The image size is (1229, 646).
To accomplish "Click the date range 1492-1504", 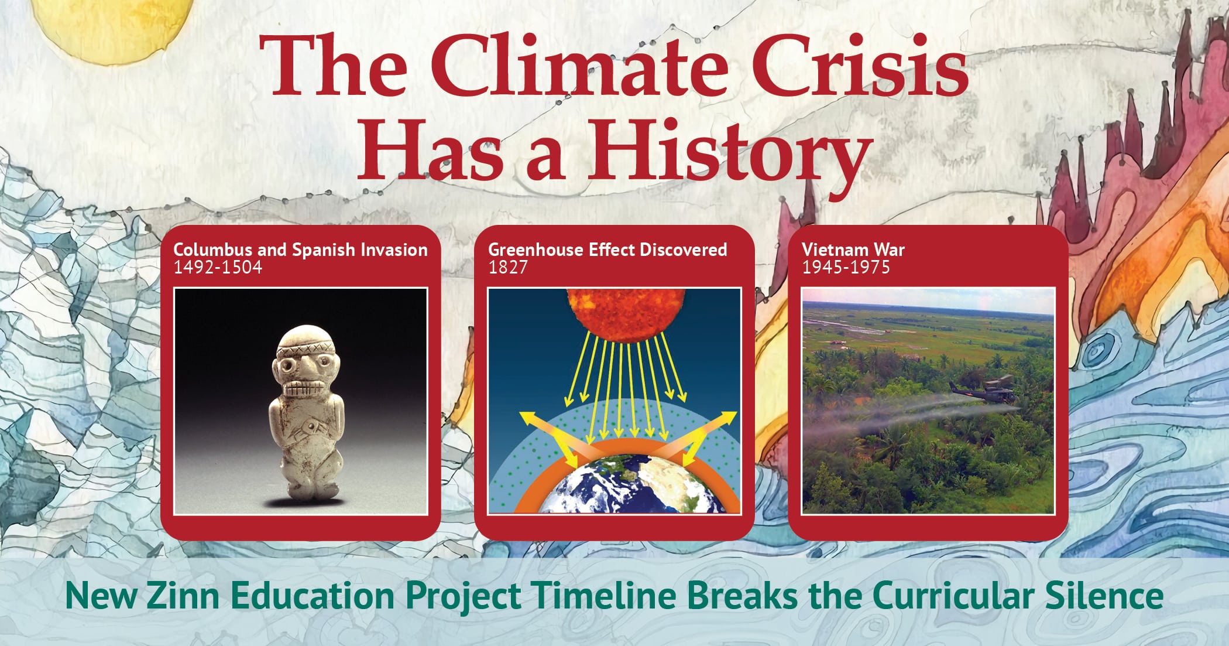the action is coord(218,268).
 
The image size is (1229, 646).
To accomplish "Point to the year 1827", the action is coord(508,268).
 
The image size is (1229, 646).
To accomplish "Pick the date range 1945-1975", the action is coord(846,268).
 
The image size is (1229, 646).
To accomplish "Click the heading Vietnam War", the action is coord(853,249).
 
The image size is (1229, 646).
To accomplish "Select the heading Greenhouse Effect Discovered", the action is coord(607,249).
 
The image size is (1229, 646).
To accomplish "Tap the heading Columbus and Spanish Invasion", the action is coord(301,250).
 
